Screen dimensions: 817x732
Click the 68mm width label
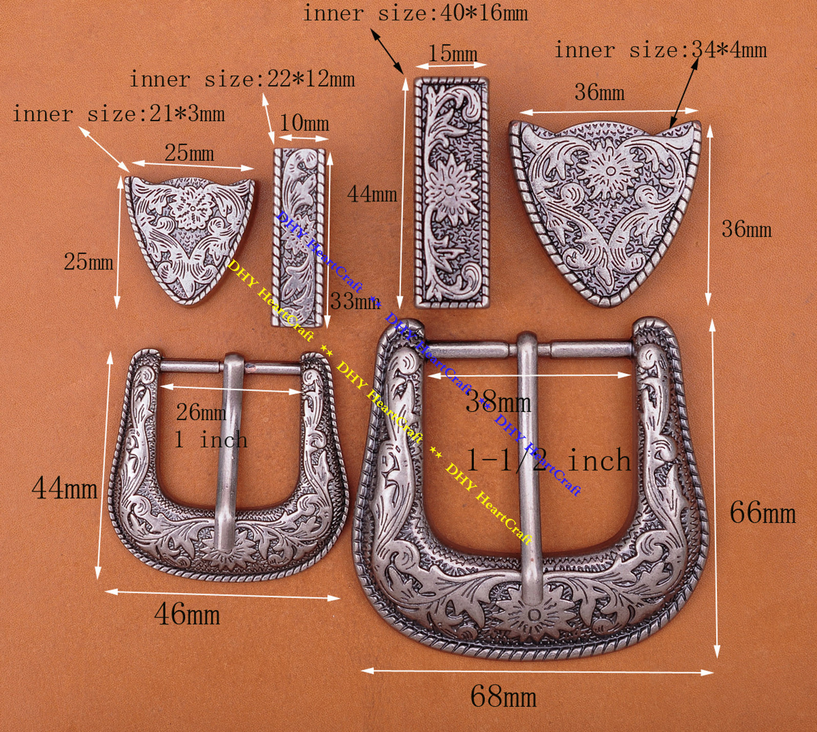pos(503,696)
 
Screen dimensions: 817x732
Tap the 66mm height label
pos(762,512)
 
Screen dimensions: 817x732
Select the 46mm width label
pos(187,614)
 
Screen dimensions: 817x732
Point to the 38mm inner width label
pos(498,402)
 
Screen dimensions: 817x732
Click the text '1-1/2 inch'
pos(548,460)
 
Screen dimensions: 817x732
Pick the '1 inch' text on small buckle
pos(210,440)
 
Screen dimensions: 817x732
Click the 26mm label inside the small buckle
pos(201,412)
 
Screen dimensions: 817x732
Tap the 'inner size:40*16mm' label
pos(415,13)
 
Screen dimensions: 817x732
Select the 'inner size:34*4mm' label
pos(660,50)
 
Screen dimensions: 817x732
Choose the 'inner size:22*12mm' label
pos(242,79)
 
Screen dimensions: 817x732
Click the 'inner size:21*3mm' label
pos(118,114)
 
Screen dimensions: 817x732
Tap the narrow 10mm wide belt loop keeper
pos(299,237)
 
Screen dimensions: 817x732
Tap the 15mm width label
pos(452,54)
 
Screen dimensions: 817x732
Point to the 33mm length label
pos(354,301)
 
